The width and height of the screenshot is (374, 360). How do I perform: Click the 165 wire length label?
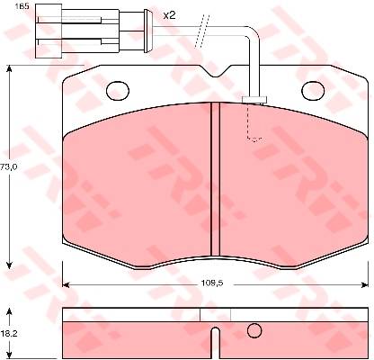pos(22,6)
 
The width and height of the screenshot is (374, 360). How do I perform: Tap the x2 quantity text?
pos(169,15)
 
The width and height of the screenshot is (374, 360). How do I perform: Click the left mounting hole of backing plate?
pos(118,90)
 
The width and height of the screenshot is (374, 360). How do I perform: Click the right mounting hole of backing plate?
pos(313,90)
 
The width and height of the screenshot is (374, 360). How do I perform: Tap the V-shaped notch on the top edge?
pos(215,71)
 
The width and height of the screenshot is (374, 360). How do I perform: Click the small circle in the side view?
pos(254,330)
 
